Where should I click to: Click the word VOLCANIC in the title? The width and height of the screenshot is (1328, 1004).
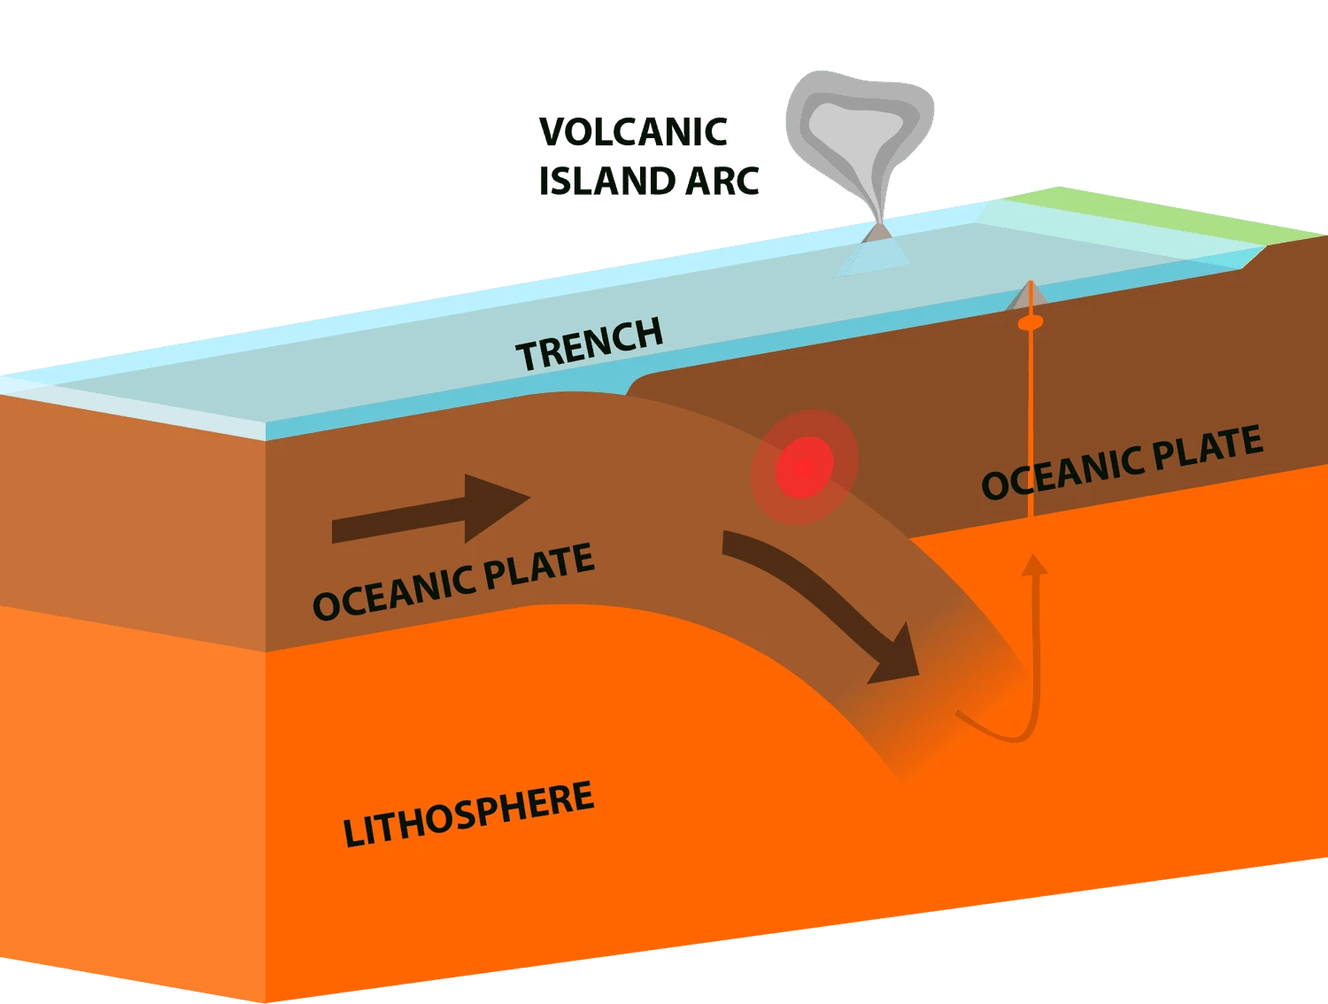tap(633, 132)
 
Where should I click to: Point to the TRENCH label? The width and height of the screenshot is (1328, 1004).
tap(590, 344)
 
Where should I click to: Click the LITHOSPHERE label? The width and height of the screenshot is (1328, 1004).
tap(468, 814)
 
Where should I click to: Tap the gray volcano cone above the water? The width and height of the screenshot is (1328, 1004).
tap(878, 232)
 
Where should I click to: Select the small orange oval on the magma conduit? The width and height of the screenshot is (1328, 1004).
tap(1031, 322)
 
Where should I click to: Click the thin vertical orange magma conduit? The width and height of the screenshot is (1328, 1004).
tap(1031, 416)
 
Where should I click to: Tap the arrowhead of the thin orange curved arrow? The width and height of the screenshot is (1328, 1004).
tap(1034, 566)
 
